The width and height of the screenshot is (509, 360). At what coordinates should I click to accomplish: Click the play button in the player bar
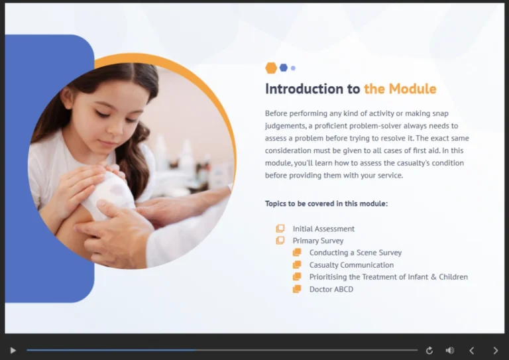13,350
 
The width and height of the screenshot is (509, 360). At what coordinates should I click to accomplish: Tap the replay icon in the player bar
429,350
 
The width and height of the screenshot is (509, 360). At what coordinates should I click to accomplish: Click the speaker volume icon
450,350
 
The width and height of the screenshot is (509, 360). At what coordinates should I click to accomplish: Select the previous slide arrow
472,350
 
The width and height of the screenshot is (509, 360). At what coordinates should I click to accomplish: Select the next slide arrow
495,350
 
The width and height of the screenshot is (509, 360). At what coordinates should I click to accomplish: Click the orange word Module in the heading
412,89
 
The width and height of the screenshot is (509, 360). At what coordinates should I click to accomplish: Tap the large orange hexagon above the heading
271,68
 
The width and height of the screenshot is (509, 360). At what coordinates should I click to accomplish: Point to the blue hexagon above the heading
284,68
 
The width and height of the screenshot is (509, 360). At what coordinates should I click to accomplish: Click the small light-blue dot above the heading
293,68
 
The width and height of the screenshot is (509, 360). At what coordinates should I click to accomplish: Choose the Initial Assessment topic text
323,229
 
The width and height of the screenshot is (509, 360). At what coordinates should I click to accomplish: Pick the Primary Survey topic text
318,241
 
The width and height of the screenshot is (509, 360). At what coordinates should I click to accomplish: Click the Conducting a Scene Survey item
355,253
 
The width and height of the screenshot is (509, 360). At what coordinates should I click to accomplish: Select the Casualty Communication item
351,265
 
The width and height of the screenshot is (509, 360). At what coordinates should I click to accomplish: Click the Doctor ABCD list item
331,289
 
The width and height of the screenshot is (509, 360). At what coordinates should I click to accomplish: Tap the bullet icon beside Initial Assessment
280,229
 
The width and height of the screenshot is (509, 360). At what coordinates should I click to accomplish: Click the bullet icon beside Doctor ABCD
297,289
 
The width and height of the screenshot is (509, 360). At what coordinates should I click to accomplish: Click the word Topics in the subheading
277,204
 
